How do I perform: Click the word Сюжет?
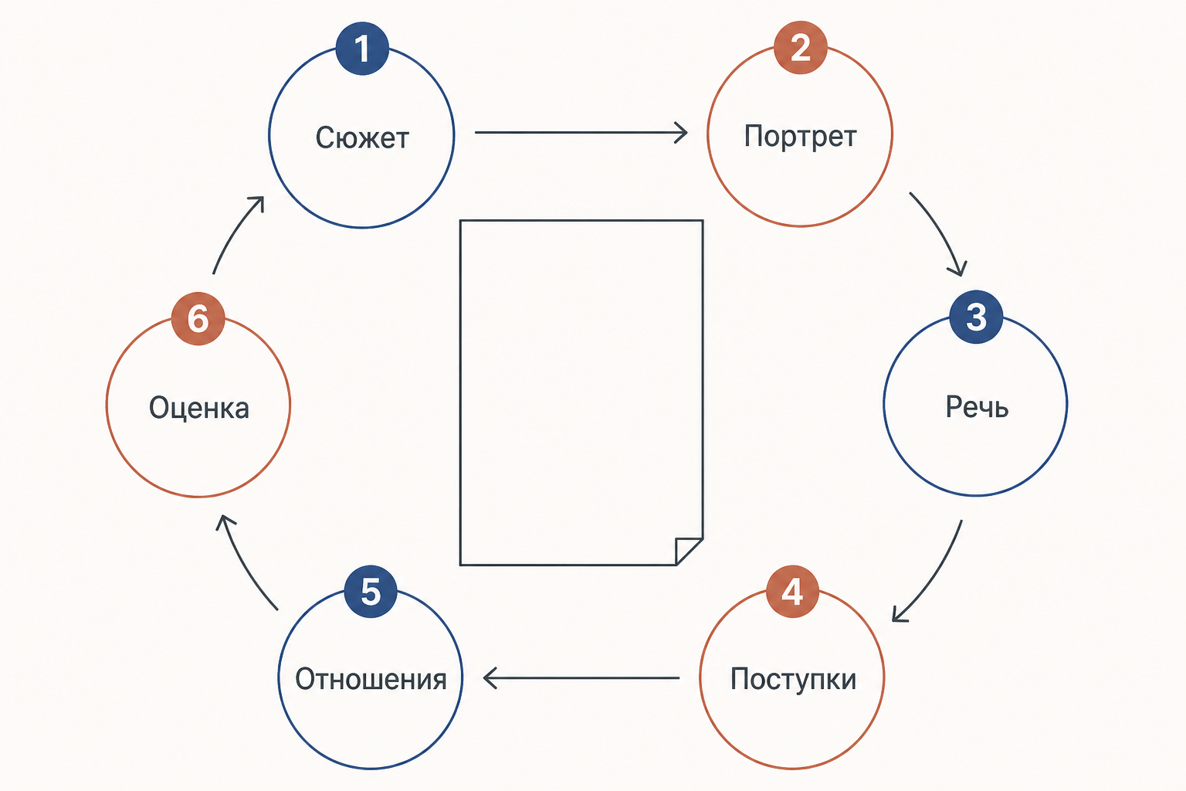[362, 137]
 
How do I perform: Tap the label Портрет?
[800, 137]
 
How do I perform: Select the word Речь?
[977, 407]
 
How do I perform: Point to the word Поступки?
[793, 679]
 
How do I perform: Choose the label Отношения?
[371, 679]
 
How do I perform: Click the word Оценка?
[198, 408]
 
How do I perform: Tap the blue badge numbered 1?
[362, 48]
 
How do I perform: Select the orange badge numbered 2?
[800, 47]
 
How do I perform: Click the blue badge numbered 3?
[976, 317]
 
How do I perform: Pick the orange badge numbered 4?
[792, 591]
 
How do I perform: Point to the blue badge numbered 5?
[371, 591]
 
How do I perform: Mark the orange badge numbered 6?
[198, 319]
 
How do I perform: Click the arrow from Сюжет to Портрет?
[581, 132]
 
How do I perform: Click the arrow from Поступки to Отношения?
[581, 677]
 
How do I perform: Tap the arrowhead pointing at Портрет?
[682, 132]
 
